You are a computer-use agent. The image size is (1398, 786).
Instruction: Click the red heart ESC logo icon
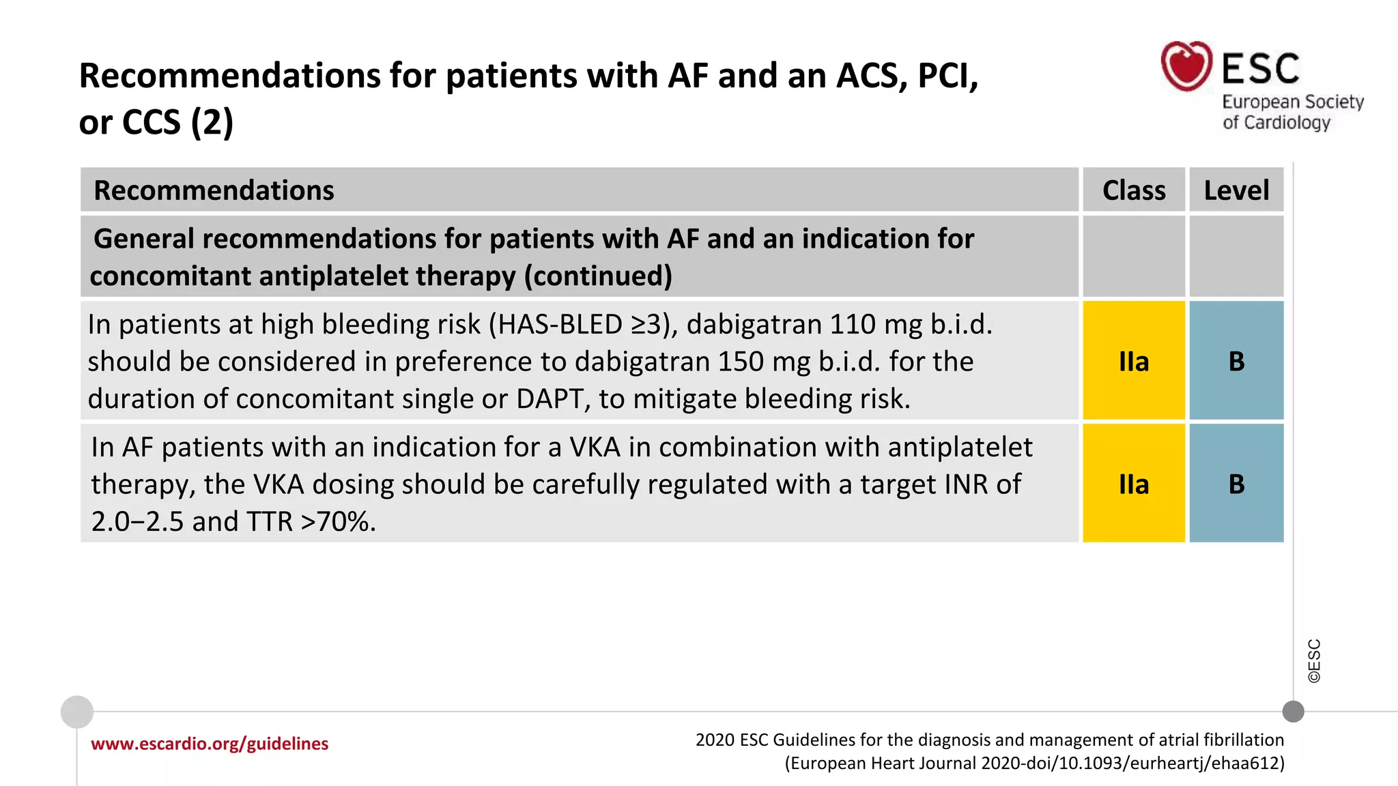[x=1186, y=65]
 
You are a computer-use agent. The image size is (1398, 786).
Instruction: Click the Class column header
[x=1134, y=190]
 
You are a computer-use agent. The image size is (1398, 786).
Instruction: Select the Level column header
[x=1236, y=190]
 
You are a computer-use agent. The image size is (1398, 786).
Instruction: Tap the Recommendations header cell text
[x=214, y=190]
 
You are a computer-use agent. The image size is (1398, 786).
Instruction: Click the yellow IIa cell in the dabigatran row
[x=1134, y=361]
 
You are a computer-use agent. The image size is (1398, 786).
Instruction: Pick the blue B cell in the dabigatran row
[x=1236, y=361]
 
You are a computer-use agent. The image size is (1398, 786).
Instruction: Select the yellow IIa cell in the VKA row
[x=1134, y=484]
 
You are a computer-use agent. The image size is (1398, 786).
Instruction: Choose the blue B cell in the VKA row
[x=1236, y=484]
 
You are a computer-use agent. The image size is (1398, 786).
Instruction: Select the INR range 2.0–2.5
[x=137, y=522]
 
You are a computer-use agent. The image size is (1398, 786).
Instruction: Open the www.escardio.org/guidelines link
[x=210, y=744]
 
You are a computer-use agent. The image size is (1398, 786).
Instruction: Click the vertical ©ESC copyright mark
[x=1314, y=660]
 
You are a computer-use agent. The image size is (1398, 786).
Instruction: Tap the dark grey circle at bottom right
[x=1293, y=712]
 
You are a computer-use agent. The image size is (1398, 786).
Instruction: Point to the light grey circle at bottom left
[x=77, y=712]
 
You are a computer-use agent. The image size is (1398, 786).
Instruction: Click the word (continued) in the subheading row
[x=598, y=276]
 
